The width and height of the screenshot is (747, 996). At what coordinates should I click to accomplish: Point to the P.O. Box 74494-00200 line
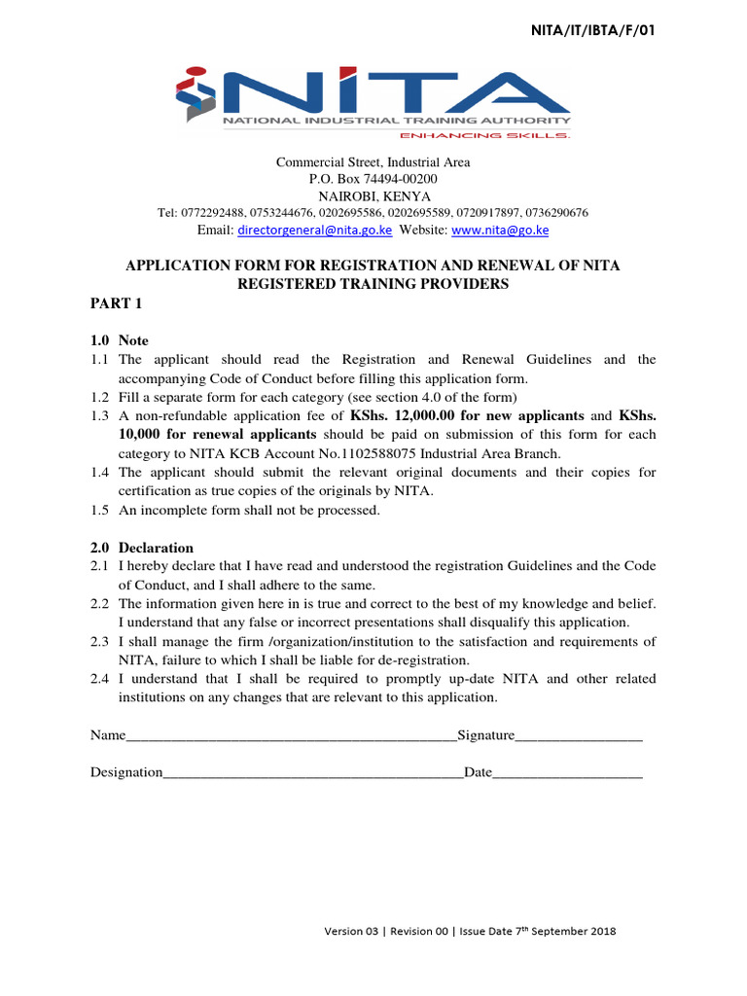click(373, 179)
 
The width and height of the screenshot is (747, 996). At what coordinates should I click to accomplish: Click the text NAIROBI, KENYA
click(373, 196)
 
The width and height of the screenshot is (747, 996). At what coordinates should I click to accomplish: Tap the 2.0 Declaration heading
click(142, 548)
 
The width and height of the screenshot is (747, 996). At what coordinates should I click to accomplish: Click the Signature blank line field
click(579, 735)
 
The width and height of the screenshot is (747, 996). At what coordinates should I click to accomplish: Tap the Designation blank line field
click(313, 772)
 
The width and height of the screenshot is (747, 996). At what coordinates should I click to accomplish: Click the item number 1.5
click(99, 510)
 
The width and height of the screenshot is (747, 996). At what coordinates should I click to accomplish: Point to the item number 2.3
click(99, 641)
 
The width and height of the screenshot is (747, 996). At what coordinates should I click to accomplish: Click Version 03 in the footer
click(352, 931)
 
